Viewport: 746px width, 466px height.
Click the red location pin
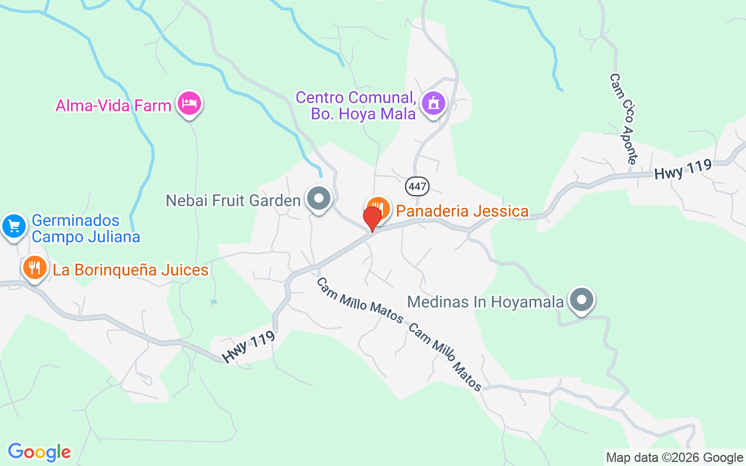tap(372, 218)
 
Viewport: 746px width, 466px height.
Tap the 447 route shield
tap(417, 186)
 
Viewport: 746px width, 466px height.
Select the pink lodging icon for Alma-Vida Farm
tap(189, 104)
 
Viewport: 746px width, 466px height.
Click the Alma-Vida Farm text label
tap(114, 105)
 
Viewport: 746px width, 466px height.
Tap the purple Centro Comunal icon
tap(434, 104)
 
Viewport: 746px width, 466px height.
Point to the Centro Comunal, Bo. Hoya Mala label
tap(356, 105)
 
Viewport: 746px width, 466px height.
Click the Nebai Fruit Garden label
tap(233, 201)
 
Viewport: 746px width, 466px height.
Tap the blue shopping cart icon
tap(13, 226)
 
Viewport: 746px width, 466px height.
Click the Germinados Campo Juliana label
tap(86, 229)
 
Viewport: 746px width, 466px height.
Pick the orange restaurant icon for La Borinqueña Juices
tap(35, 268)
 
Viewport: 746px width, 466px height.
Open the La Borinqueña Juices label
tap(131, 270)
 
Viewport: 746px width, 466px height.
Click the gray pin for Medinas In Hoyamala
tap(581, 301)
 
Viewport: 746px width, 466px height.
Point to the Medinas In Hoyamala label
tap(485, 302)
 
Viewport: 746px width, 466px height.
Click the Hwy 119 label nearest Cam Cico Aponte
tap(683, 170)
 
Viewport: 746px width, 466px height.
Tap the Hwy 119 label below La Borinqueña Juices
tap(248, 348)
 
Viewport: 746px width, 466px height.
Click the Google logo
tap(39, 452)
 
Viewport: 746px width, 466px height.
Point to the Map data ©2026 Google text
tap(674, 458)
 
